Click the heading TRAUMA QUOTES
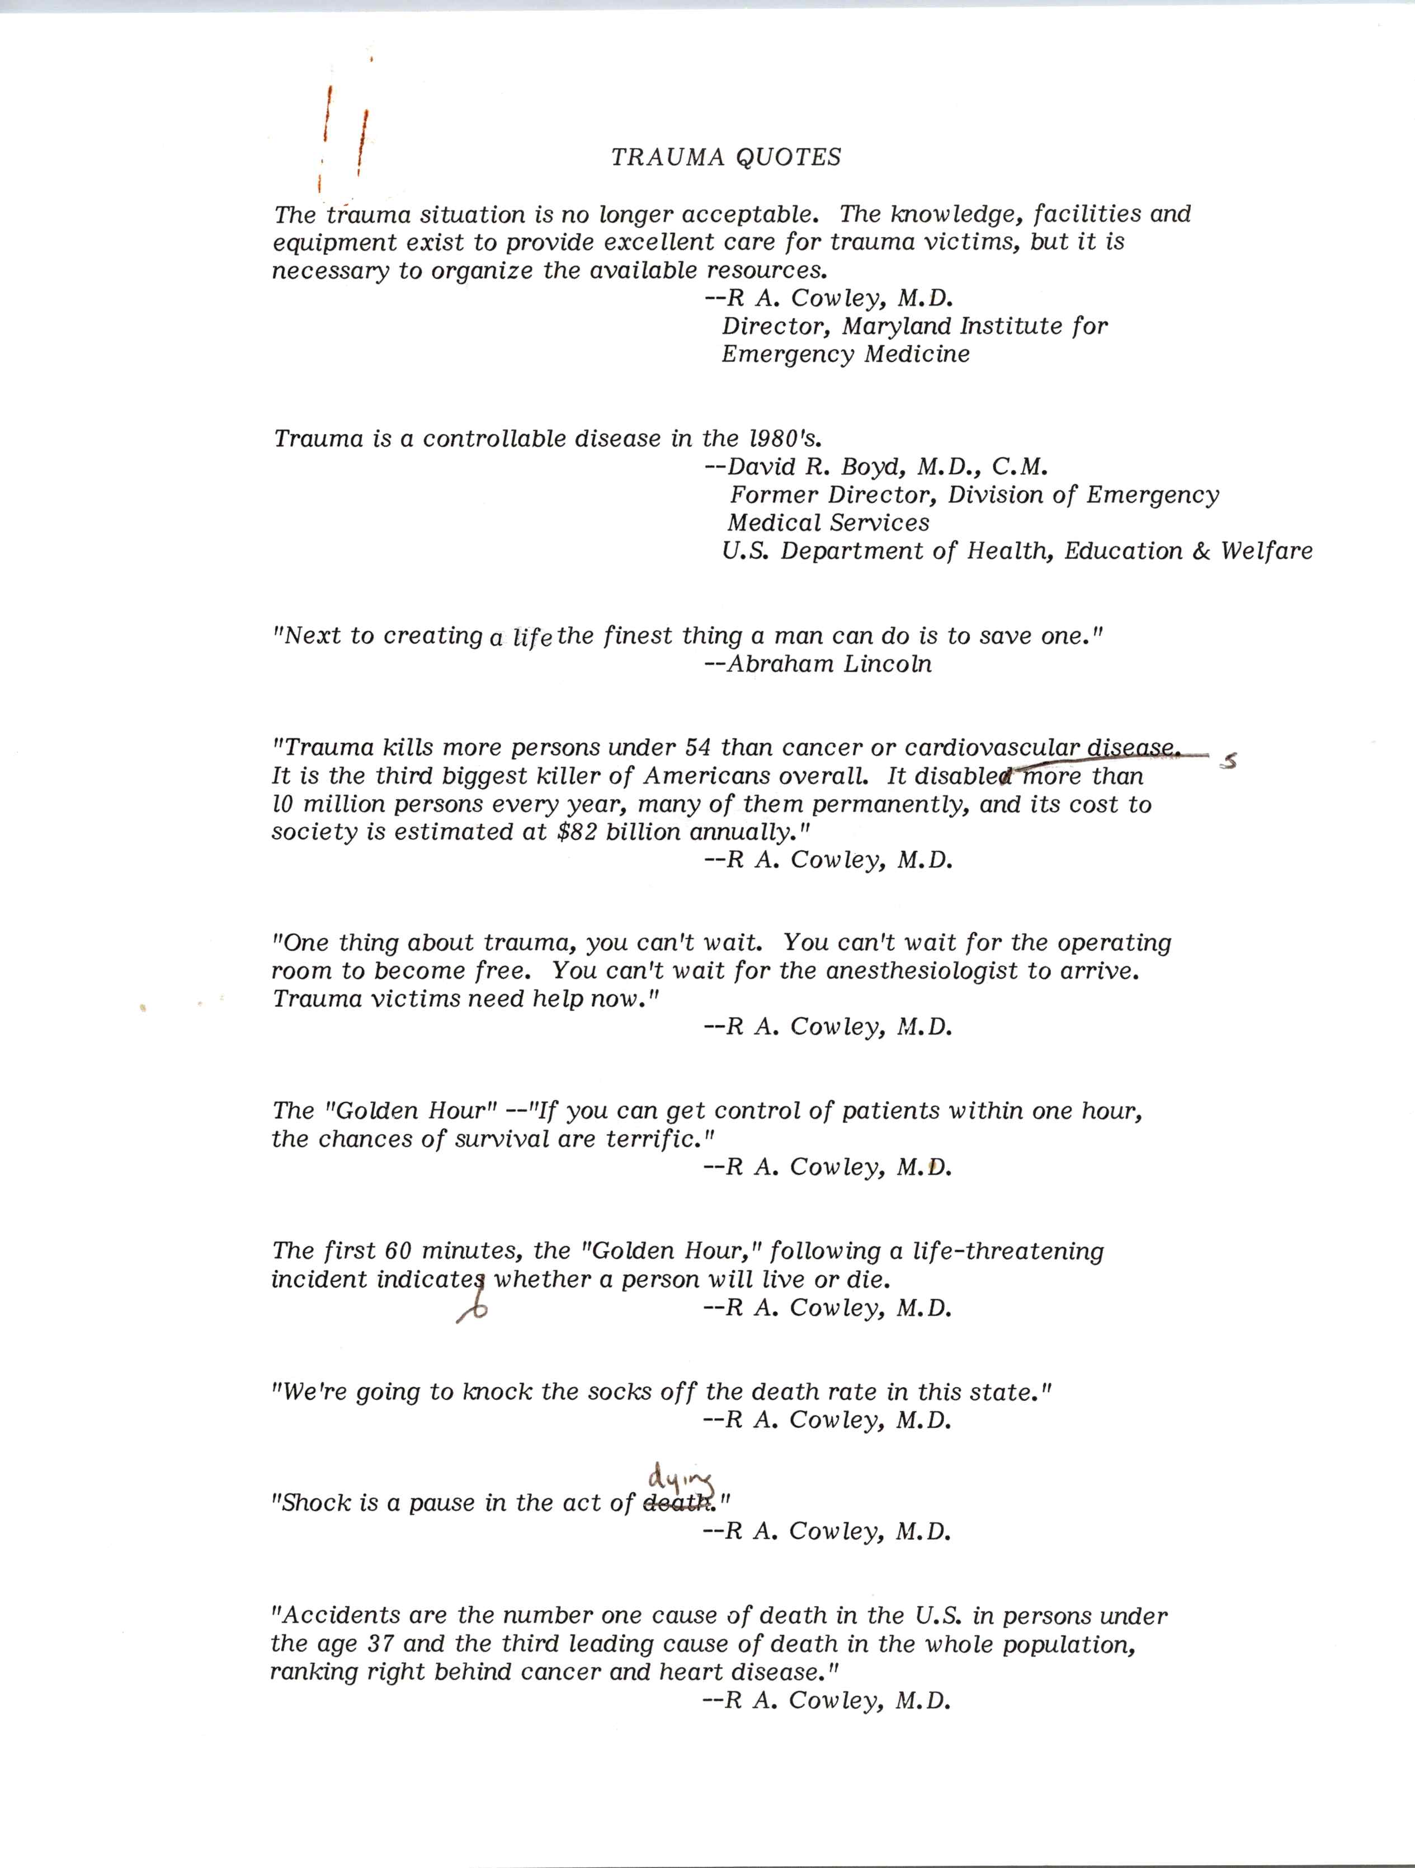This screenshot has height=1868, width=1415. point(726,157)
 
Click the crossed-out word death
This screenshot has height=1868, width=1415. point(676,1503)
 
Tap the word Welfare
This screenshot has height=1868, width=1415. point(1266,551)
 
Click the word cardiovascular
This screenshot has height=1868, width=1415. point(992,747)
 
